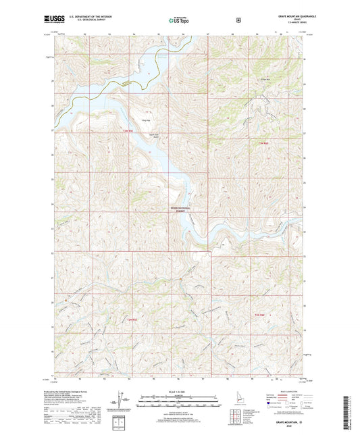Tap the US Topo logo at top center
point(178,21)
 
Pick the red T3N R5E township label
point(128,130)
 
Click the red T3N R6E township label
point(263,143)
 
